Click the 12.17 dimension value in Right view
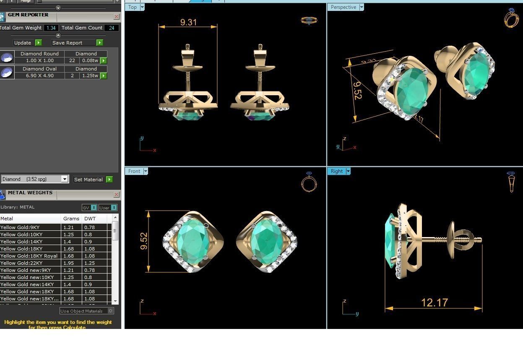(x=434, y=303)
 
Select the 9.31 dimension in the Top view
(x=188, y=22)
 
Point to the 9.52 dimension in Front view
(x=143, y=242)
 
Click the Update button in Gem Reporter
(x=23, y=43)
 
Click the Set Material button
(x=88, y=180)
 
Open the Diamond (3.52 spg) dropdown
(x=65, y=179)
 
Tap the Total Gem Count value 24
(x=112, y=28)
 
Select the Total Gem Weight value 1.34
(x=51, y=28)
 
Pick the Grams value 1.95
(x=68, y=263)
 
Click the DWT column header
(x=90, y=219)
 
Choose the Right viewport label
(x=336, y=171)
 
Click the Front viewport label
(x=134, y=171)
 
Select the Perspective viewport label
(x=343, y=7)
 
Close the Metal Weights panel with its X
(x=116, y=195)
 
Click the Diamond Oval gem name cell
(x=39, y=69)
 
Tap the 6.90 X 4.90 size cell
(x=39, y=76)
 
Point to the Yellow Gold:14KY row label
(x=21, y=242)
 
